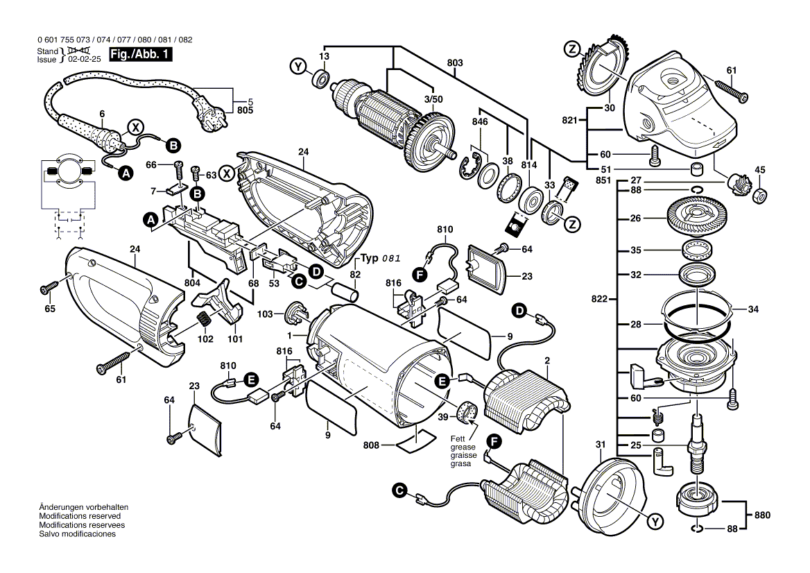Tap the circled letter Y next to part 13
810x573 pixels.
coord(298,67)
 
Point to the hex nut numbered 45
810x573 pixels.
coord(759,196)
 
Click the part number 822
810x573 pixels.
coord(600,300)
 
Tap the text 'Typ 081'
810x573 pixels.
coord(380,258)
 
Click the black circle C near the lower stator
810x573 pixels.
coord(399,490)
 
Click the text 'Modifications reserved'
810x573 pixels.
coord(80,517)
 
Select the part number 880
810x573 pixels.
coord(762,515)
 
